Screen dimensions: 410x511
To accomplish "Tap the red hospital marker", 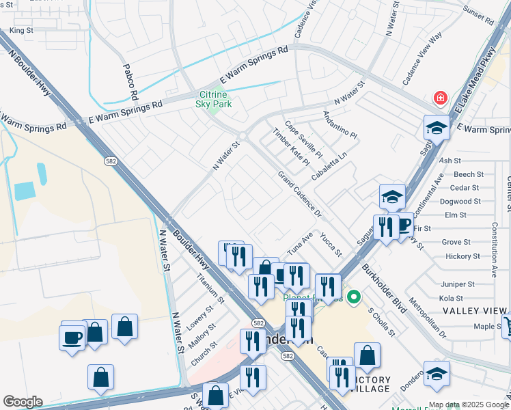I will point(441,98).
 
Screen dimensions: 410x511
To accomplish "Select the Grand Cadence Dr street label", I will point(299,195).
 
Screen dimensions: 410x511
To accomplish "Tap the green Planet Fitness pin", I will point(353,297).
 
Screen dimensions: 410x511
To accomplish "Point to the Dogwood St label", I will point(465,202).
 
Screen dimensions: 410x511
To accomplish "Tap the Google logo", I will point(23,402).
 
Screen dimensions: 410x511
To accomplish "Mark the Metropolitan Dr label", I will point(426,318).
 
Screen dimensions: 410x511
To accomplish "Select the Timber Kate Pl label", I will point(290,146).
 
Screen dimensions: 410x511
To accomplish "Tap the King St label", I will point(21,31).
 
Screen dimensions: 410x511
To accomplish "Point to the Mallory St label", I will point(203,335).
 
